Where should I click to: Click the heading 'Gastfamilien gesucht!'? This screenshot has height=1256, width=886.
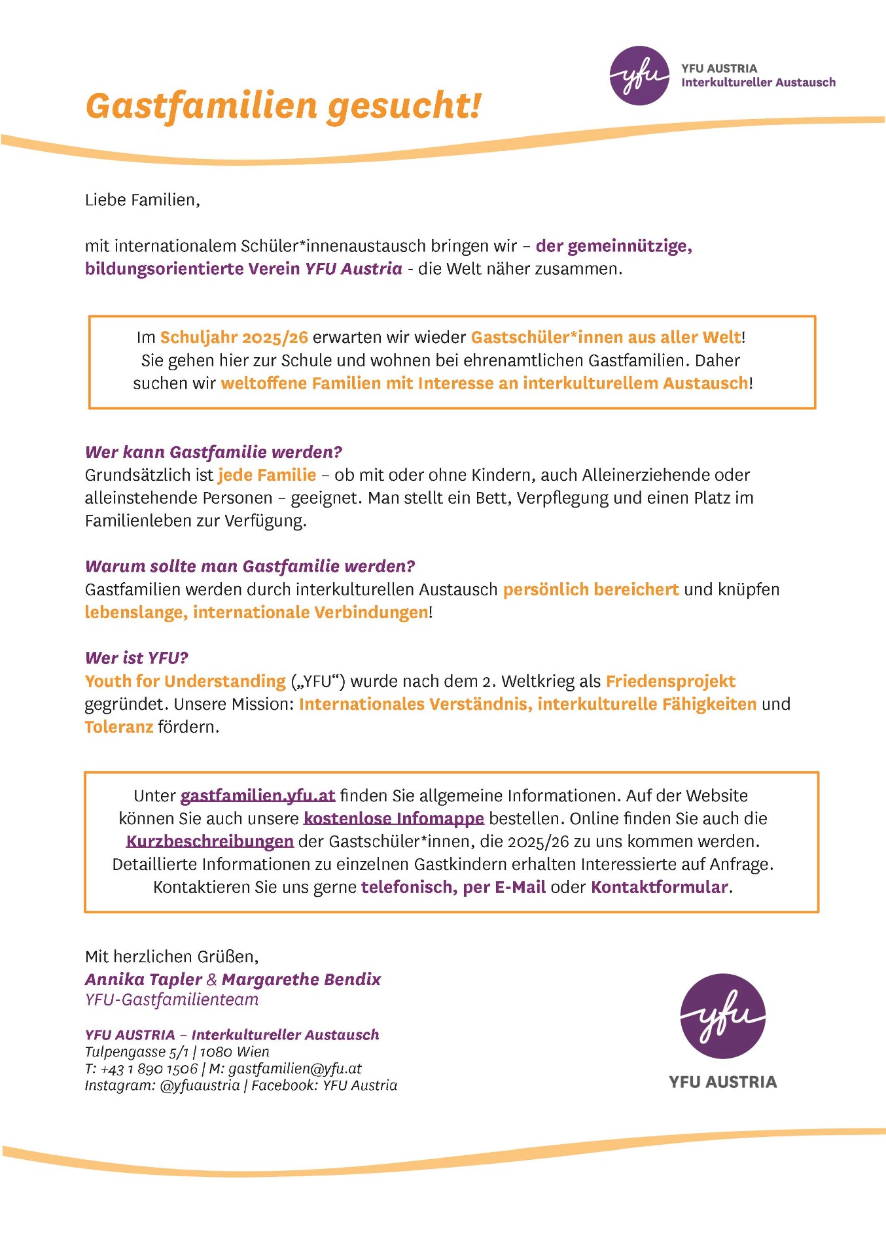(283, 106)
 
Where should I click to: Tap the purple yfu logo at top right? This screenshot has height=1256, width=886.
(639, 76)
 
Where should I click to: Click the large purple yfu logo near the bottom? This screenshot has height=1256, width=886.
(722, 1016)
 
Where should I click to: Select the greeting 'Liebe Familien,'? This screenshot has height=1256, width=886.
(142, 200)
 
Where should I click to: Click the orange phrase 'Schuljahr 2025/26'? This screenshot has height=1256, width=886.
(234, 338)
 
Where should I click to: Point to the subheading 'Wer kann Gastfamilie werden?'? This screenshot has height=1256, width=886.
(213, 452)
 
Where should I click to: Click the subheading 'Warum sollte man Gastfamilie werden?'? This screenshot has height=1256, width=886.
(250, 567)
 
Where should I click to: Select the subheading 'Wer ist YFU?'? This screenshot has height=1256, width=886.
(136, 658)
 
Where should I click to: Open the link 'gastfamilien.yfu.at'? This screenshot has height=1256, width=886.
(257, 796)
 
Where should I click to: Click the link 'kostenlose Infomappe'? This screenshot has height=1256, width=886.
(393, 819)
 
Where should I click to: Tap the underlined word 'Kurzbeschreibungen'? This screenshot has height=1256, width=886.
(209, 842)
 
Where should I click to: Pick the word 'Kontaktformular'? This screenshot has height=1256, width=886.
(659, 888)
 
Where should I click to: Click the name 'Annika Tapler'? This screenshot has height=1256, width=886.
(143, 980)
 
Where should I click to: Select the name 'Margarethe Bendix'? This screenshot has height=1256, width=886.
(301, 980)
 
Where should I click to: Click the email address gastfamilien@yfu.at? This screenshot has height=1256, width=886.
(294, 1069)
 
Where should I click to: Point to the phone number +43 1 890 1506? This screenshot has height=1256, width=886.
(149, 1069)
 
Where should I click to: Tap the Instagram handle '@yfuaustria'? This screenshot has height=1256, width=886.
(200, 1086)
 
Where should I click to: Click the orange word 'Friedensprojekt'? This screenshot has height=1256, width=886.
(670, 682)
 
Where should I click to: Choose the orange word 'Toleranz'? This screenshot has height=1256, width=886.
(118, 727)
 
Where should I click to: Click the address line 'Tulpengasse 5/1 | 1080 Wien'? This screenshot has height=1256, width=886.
(177, 1052)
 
